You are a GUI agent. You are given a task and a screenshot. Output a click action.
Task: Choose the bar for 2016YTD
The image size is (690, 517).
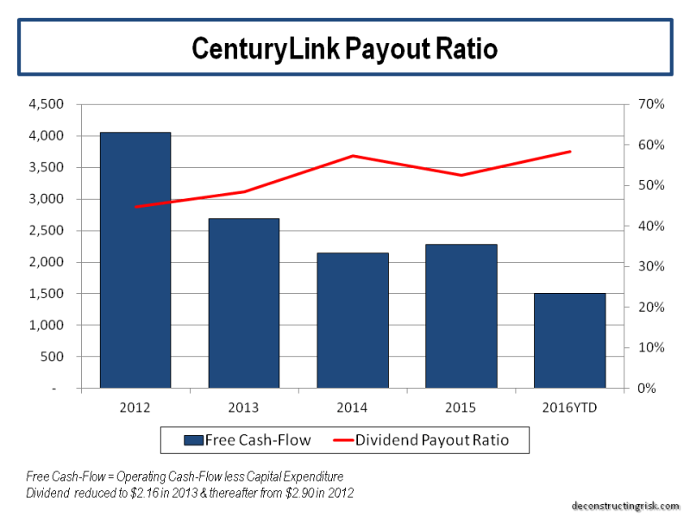point(569,340)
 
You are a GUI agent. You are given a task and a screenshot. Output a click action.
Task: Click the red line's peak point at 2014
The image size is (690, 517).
point(353,156)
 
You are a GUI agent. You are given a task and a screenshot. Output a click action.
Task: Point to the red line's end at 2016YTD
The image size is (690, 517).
point(570,152)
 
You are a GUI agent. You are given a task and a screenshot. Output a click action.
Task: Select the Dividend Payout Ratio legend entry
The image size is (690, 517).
point(431,440)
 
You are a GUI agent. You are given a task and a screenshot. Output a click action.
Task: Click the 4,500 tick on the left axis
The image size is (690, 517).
point(47,104)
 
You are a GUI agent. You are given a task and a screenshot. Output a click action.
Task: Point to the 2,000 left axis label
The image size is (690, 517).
point(47,262)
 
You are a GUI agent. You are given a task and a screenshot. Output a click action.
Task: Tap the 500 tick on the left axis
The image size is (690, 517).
point(53,357)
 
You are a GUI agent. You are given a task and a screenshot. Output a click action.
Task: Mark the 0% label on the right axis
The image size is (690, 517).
point(648,389)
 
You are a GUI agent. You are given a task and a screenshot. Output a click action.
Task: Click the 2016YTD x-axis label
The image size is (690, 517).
point(569,407)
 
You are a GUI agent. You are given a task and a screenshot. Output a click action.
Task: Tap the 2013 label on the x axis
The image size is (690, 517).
point(244,407)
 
